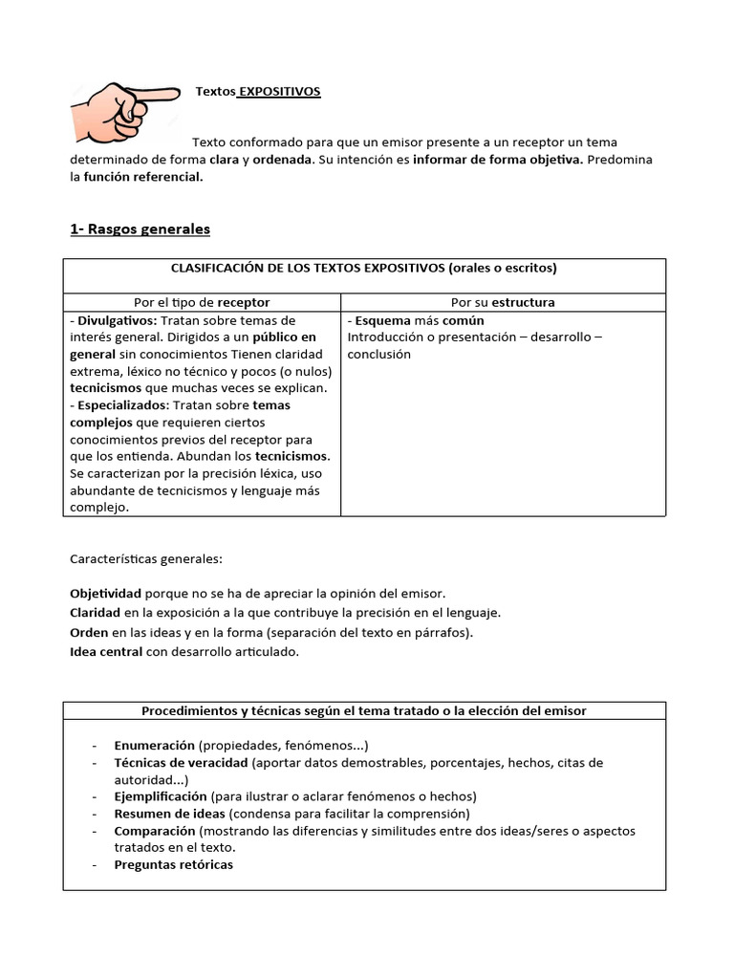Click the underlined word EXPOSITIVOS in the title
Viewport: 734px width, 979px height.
pos(279,92)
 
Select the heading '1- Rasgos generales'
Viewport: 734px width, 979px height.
pos(140,229)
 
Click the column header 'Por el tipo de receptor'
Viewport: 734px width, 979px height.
pos(202,302)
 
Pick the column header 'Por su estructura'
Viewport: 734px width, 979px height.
pos(503,302)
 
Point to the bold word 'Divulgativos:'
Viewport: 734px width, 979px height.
pos(116,320)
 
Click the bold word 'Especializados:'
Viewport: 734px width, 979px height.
pos(122,405)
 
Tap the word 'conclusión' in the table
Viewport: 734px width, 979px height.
pos(378,354)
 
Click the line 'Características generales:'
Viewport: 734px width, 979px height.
pos(145,558)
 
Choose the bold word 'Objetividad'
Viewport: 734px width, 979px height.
pos(106,593)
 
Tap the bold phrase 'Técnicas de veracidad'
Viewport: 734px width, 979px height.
pos(181,763)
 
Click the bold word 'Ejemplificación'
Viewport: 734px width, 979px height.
pos(161,796)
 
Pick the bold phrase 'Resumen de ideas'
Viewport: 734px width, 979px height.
pos(169,814)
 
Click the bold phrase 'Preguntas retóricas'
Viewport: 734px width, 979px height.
pos(173,865)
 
